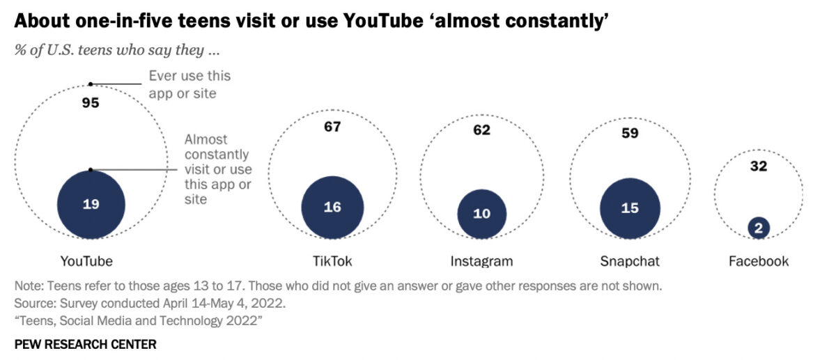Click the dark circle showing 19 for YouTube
[x=91, y=205]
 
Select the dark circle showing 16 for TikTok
[x=332, y=208]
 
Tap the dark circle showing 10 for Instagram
[x=481, y=214]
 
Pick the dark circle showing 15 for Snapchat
[x=630, y=208]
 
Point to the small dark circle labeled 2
[x=759, y=228]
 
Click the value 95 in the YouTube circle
[x=91, y=103]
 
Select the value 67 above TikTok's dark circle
[x=332, y=127]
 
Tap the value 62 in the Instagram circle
[x=481, y=130]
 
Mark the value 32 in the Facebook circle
[x=759, y=166]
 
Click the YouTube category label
[x=86, y=261]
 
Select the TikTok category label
[x=332, y=261]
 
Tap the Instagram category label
[x=481, y=261]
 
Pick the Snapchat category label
[x=630, y=261]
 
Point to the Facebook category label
[x=759, y=261]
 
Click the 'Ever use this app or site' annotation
[x=189, y=84]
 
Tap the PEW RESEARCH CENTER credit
[x=85, y=344]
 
